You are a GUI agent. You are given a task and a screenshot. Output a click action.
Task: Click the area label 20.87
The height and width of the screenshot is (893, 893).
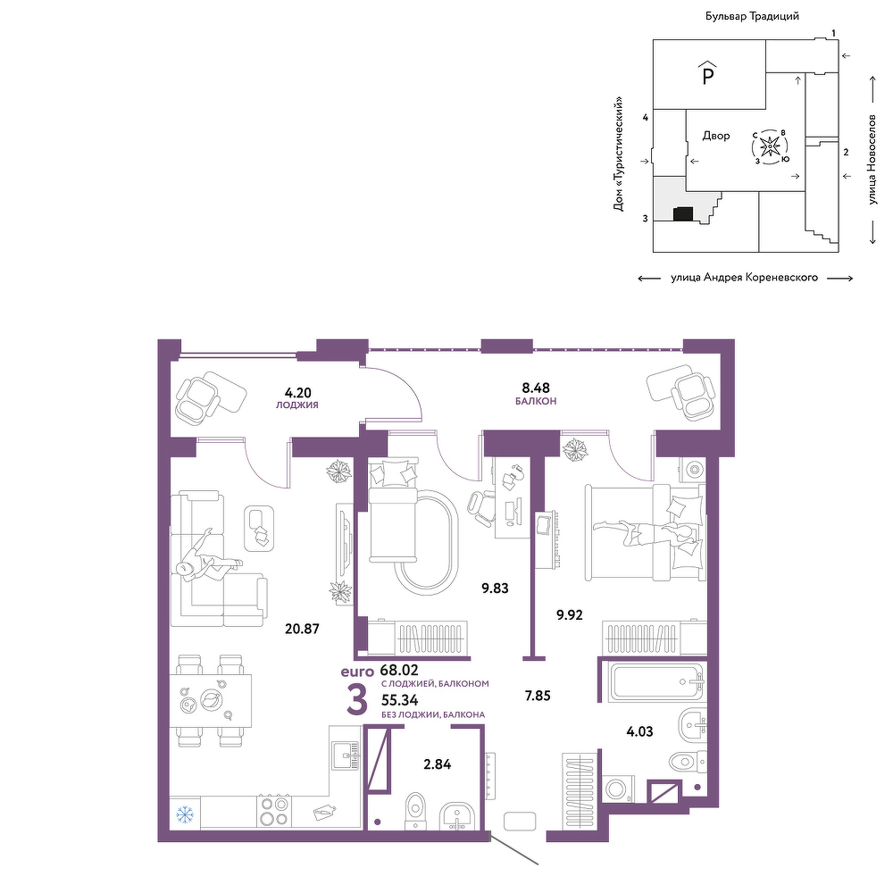(x=302, y=629)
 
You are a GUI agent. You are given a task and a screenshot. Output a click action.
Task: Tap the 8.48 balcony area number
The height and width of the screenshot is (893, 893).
(x=536, y=388)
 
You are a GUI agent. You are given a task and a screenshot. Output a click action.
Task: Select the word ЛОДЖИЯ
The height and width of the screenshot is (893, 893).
(x=297, y=405)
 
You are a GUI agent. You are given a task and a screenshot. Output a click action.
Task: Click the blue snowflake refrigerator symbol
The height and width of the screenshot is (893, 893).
(x=185, y=814)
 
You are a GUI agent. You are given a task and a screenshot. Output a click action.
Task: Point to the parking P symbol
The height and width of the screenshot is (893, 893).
(x=708, y=73)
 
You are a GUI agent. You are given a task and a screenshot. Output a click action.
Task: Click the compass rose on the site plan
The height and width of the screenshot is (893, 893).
(x=770, y=147)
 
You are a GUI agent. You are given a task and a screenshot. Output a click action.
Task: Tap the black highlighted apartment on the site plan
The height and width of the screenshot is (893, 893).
(x=683, y=214)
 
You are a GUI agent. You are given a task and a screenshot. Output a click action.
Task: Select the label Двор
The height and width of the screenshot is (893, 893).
(x=716, y=136)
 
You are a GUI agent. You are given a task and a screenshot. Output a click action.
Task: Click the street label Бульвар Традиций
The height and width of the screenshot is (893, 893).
(x=752, y=16)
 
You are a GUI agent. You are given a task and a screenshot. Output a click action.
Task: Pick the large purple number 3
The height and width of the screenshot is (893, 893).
(x=357, y=700)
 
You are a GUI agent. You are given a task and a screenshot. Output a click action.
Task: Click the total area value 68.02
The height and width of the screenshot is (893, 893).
(x=399, y=671)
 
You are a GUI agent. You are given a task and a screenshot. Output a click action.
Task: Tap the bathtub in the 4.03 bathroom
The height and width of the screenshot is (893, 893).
(x=658, y=681)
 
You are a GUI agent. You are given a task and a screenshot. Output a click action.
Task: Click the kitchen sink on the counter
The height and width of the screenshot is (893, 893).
(x=346, y=755)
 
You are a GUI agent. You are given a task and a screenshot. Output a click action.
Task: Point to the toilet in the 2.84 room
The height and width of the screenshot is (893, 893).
(x=415, y=811)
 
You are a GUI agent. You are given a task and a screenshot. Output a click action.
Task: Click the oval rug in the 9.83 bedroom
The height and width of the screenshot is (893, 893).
(x=426, y=542)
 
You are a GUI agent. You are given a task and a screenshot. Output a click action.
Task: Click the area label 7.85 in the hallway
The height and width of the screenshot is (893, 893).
(x=538, y=696)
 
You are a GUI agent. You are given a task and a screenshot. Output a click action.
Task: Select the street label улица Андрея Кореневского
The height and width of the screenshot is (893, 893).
(x=745, y=278)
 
